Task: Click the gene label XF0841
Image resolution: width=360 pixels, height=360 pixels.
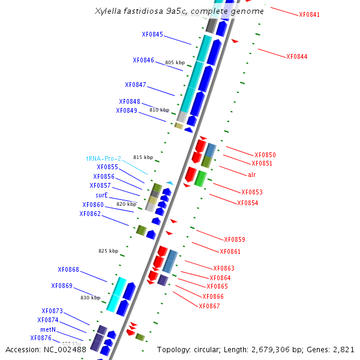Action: (x=309, y=14)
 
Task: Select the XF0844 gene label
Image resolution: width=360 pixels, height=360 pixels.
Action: (x=296, y=56)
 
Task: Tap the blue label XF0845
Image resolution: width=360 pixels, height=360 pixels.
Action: (x=152, y=34)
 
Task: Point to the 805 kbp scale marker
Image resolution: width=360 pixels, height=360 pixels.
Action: (x=175, y=62)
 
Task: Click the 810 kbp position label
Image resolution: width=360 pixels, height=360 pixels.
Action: (x=160, y=110)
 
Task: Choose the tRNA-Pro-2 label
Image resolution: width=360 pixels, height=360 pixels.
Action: (x=104, y=158)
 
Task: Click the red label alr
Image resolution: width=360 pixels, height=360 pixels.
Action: (x=251, y=175)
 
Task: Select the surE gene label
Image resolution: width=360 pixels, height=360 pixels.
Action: (x=101, y=195)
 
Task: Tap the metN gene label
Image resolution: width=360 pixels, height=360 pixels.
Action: (x=48, y=329)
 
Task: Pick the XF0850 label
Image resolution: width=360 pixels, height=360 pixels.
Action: (x=265, y=155)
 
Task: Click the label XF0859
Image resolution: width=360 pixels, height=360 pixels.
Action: (x=234, y=239)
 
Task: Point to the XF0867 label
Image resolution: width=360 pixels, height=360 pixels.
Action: (x=209, y=306)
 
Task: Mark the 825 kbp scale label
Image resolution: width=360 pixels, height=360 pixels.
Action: (x=109, y=251)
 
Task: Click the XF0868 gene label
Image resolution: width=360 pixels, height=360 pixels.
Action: (x=68, y=269)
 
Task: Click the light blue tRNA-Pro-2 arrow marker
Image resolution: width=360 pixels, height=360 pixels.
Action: (x=170, y=183)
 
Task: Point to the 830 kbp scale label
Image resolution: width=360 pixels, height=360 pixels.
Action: (x=91, y=298)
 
